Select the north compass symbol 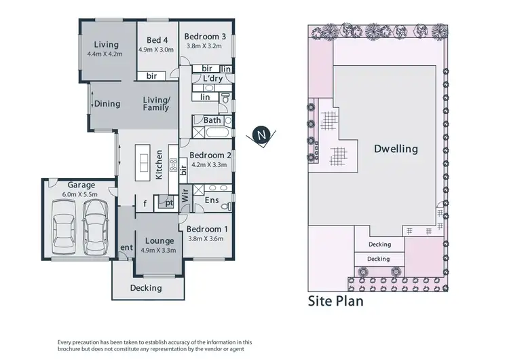tap(263, 135)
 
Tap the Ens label tap(211, 202)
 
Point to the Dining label tap(107, 104)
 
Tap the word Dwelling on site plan tap(396, 149)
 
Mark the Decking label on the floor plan tap(146, 288)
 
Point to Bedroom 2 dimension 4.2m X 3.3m tap(210, 164)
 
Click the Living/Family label tap(156, 104)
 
